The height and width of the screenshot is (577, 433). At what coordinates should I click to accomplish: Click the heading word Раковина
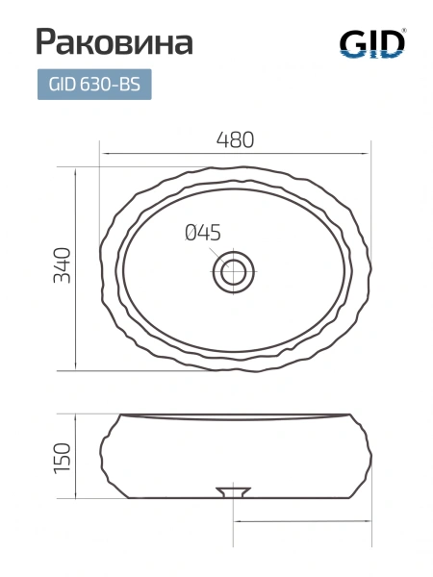coord(115,41)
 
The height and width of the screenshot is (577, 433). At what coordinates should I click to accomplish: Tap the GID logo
coord(372,43)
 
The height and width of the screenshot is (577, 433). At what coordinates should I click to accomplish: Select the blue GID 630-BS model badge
coord(94,85)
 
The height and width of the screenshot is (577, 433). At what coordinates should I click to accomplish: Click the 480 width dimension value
coord(236,139)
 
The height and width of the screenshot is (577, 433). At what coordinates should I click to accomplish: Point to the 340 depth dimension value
coord(62,265)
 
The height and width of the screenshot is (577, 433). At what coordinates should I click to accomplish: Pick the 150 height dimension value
coord(62,458)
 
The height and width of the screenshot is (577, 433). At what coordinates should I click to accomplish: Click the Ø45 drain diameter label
coord(203,233)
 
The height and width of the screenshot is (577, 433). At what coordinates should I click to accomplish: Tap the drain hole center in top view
coord(234,272)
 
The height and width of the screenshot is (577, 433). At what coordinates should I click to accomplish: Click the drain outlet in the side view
coord(234,492)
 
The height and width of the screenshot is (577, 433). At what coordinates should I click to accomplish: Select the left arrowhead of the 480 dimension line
coord(104,153)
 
